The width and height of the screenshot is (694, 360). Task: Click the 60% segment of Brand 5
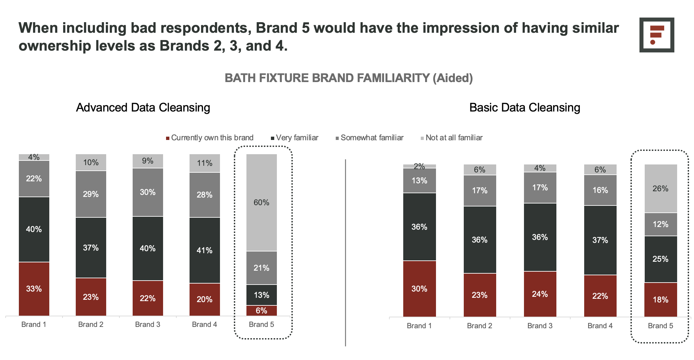pyautogui.click(x=261, y=202)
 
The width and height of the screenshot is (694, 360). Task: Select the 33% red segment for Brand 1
pyautogui.click(x=34, y=289)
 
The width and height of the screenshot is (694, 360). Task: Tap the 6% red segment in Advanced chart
pyautogui.click(x=261, y=311)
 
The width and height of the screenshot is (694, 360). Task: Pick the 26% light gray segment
pyautogui.click(x=661, y=189)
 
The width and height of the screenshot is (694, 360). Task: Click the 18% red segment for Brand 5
pyautogui.click(x=661, y=300)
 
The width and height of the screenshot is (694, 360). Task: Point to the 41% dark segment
pyautogui.click(x=205, y=250)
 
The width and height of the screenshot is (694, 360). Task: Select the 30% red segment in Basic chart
pyautogui.click(x=419, y=289)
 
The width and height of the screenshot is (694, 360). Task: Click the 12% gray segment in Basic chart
pyautogui.click(x=661, y=224)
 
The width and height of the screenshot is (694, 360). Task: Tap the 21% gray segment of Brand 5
pyautogui.click(x=261, y=268)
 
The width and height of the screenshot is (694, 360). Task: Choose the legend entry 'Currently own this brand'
pyautogui.click(x=210, y=138)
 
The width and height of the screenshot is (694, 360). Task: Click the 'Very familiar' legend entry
pyautogui.click(x=294, y=138)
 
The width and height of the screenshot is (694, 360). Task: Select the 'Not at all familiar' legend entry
pyautogui.click(x=452, y=138)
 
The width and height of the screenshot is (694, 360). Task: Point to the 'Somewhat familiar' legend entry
pyautogui.click(x=369, y=138)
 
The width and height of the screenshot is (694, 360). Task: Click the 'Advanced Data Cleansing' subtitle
pyautogui.click(x=143, y=108)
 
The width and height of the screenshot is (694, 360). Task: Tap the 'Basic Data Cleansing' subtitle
pyautogui.click(x=525, y=108)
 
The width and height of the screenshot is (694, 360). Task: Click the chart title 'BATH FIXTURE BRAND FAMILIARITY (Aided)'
pyautogui.click(x=349, y=78)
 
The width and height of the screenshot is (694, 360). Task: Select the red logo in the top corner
pyautogui.click(x=657, y=35)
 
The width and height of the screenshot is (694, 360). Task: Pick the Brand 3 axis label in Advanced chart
pyautogui.click(x=148, y=325)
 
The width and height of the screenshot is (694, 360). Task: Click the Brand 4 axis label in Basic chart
pyautogui.click(x=600, y=326)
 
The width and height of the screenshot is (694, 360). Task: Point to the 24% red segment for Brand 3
pyautogui.click(x=540, y=294)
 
